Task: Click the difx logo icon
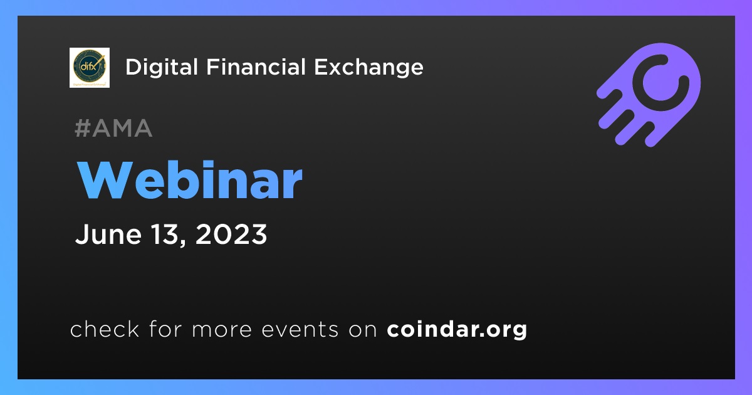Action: (x=90, y=68)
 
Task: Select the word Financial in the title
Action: (x=256, y=67)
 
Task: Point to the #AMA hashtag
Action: (x=113, y=128)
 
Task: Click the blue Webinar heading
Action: (x=190, y=181)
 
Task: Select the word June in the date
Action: (x=108, y=234)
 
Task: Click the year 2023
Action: (x=231, y=234)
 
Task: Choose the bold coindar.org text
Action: (x=457, y=329)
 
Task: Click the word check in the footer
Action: (x=105, y=329)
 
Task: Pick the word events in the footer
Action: (x=300, y=330)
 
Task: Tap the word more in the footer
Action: (x=222, y=330)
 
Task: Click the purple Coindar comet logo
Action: (x=649, y=95)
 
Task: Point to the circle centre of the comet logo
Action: (x=661, y=83)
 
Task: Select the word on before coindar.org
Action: (x=363, y=330)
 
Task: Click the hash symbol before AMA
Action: (x=83, y=128)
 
